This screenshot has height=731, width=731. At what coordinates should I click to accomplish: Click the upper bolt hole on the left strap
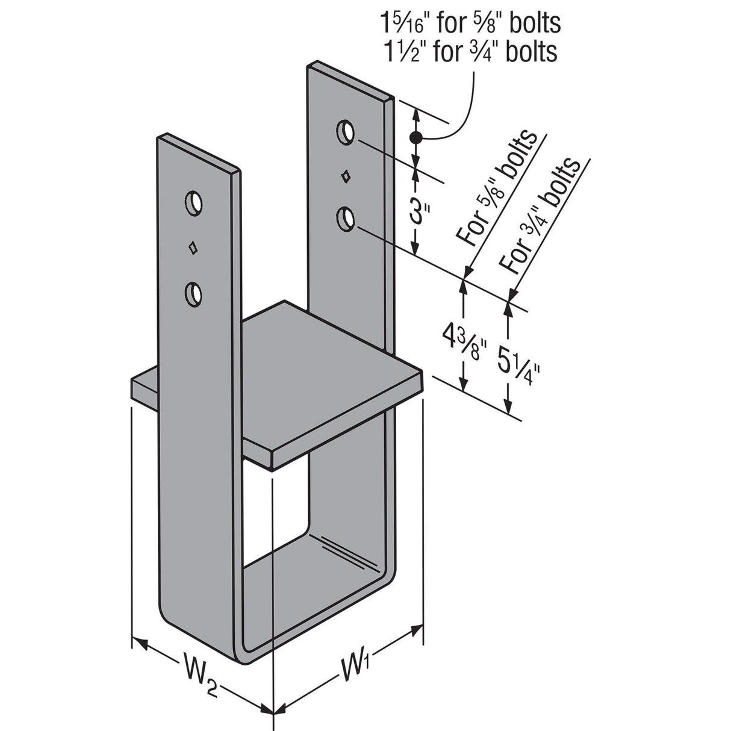(x=193, y=203)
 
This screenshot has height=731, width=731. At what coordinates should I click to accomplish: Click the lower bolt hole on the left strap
(x=193, y=292)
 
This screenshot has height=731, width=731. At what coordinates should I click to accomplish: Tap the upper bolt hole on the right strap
(x=346, y=132)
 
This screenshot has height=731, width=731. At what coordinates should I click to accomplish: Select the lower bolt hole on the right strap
(x=346, y=218)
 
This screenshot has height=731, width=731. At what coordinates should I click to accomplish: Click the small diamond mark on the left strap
(x=193, y=247)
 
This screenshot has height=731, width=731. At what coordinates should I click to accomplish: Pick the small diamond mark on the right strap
(x=346, y=176)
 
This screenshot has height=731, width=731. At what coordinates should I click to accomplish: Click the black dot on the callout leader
(x=414, y=138)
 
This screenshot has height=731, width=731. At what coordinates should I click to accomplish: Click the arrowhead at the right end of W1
(x=416, y=630)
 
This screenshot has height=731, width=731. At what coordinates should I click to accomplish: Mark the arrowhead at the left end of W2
(x=140, y=642)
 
